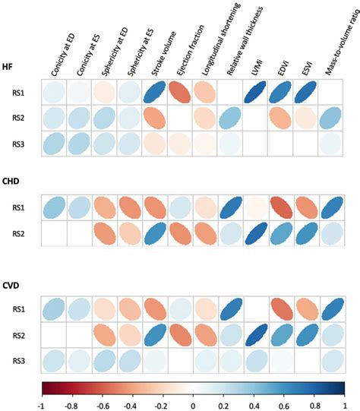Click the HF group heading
pyautogui.click(x=11, y=65)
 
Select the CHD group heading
pyautogui.click(x=14, y=181)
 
